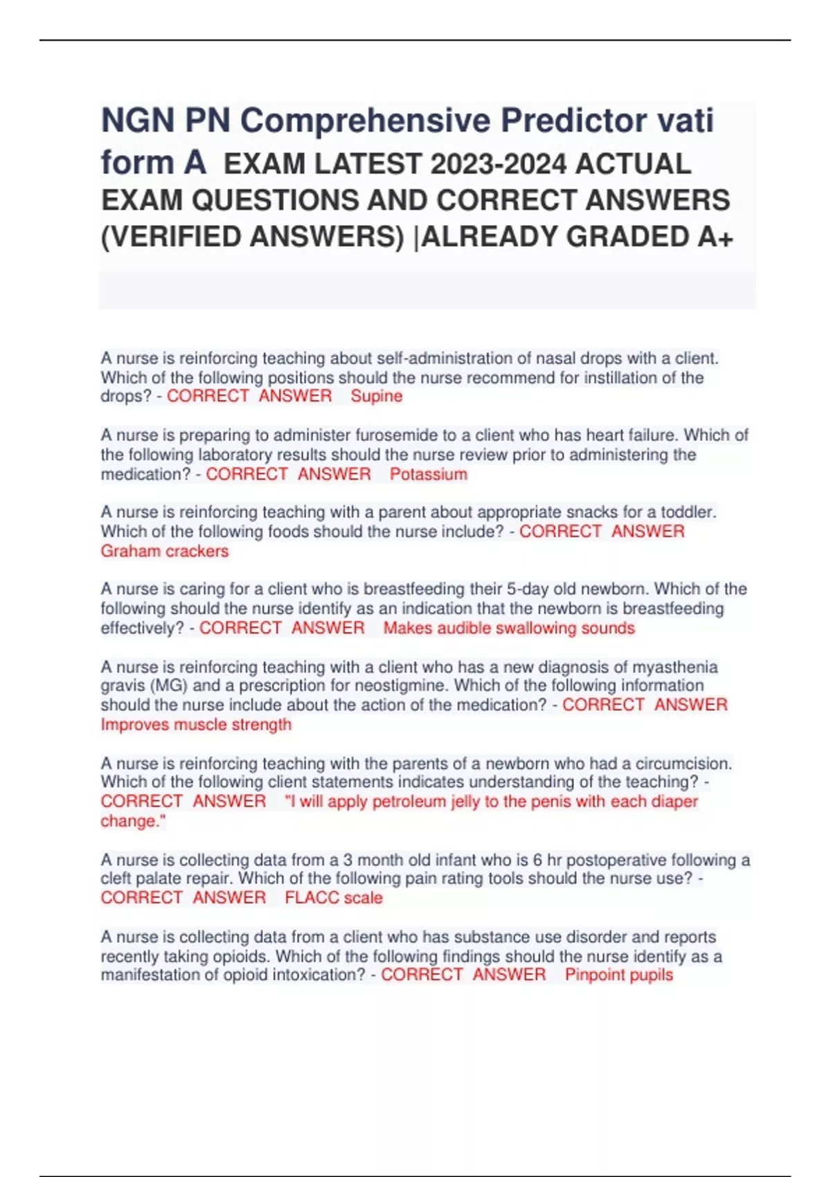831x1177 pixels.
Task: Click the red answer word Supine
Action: (x=376, y=396)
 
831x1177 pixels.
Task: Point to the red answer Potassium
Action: (x=428, y=474)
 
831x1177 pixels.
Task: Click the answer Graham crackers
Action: (x=164, y=551)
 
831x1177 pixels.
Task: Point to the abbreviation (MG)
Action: (x=168, y=685)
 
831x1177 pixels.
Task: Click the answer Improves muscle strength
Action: (x=196, y=724)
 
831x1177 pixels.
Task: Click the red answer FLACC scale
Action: (x=333, y=898)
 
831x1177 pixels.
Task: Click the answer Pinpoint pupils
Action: (x=618, y=975)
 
